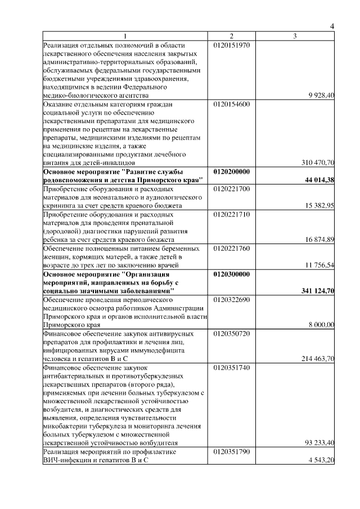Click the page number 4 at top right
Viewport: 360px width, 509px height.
(332, 27)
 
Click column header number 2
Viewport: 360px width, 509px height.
(231, 37)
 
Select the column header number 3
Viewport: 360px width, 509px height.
(295, 37)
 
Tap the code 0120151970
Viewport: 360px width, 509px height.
(232, 46)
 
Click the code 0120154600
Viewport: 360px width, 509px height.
(232, 105)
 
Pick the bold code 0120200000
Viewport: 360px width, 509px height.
(232, 172)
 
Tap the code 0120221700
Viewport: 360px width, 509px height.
(232, 189)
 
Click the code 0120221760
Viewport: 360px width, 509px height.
(232, 248)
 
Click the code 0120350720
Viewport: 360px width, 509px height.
(232, 333)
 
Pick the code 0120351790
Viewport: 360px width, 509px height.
(232, 452)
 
